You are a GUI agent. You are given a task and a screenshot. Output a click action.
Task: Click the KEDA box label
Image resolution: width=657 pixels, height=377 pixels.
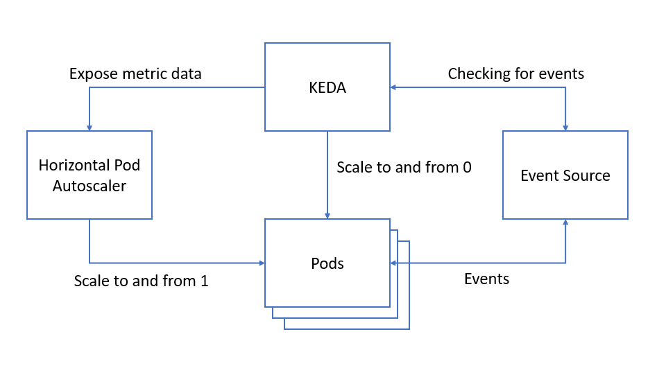pyautogui.click(x=327, y=88)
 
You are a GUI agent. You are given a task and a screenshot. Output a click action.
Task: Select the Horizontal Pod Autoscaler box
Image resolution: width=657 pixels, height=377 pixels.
pyautogui.click(x=89, y=175)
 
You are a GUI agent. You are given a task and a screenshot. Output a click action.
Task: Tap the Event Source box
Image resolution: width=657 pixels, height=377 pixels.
pyautogui.click(x=565, y=175)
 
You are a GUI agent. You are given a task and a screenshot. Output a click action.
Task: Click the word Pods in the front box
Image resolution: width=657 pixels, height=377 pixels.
pyautogui.click(x=327, y=264)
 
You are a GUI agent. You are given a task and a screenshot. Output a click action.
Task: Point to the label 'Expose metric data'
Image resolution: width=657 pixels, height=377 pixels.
pyautogui.click(x=135, y=73)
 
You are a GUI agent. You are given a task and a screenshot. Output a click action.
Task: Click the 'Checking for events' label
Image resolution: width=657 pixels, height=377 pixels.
pyautogui.click(x=515, y=73)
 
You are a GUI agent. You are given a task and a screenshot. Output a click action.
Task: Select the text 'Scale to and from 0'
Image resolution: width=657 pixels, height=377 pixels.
pyautogui.click(x=404, y=167)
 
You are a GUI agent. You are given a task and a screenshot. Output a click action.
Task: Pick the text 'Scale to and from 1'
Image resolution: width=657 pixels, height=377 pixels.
pyautogui.click(x=141, y=281)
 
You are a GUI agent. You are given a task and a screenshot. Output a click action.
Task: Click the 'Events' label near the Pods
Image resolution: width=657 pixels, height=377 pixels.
pyautogui.click(x=486, y=279)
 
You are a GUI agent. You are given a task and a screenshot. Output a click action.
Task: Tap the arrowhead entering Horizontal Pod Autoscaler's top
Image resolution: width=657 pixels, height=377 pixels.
pyautogui.click(x=89, y=127)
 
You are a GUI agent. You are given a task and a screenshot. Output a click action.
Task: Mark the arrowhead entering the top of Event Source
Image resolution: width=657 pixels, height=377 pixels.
pyautogui.click(x=566, y=127)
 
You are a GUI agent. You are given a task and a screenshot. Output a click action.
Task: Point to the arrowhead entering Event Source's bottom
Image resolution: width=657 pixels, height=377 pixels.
pyautogui.click(x=566, y=223)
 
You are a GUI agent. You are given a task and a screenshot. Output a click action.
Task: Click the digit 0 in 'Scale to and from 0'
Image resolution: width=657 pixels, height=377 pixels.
pyautogui.click(x=467, y=167)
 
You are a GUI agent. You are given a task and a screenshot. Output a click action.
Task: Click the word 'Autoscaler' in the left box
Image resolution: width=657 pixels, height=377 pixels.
pyautogui.click(x=89, y=185)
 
